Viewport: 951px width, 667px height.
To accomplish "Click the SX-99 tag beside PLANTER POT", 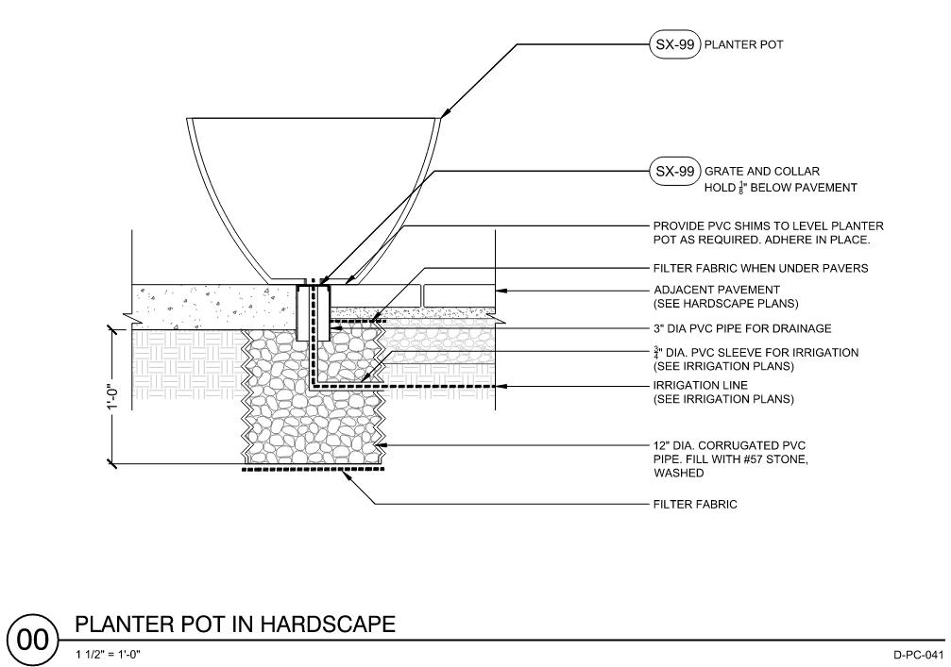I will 671,45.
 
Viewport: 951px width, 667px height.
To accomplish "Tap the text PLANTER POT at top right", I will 745,45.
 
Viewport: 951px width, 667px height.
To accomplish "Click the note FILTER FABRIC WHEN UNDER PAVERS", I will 760,269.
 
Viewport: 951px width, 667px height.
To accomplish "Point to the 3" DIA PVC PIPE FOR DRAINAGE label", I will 742,329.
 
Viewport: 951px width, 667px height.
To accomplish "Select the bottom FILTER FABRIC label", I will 695,505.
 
